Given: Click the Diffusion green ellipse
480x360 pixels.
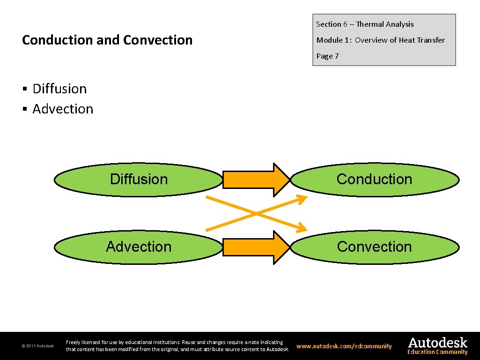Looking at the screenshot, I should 139,180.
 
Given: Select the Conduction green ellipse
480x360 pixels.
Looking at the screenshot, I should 375,180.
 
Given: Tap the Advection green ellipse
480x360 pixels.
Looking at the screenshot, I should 139,247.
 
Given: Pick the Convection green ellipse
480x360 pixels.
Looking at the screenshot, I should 375,247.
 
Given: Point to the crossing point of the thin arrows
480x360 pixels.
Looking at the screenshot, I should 256,213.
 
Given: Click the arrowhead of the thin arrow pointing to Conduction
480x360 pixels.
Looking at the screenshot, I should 302,199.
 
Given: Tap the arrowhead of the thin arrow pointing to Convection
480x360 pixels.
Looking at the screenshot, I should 302,228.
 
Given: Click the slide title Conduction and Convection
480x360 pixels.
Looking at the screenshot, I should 107,40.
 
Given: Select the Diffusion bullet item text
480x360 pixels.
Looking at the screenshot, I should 59,89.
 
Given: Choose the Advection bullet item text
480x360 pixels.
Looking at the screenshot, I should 63,109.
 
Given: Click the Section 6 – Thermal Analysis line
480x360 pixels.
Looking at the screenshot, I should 365,24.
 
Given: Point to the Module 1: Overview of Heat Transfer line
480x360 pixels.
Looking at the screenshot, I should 380,40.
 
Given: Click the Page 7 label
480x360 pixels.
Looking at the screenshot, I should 327,56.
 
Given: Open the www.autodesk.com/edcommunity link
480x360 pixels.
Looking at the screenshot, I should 344,346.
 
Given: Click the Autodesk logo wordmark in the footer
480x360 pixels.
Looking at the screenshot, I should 437,342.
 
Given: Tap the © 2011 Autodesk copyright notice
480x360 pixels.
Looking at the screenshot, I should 37,346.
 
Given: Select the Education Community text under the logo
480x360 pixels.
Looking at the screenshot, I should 437,352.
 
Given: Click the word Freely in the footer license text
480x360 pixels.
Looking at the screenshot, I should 74,343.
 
